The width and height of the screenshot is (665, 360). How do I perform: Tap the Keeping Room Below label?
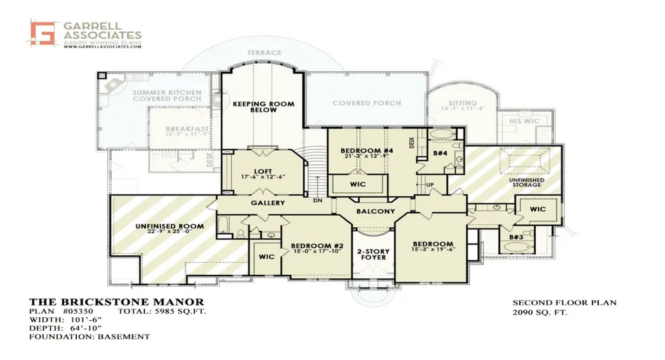[263, 107]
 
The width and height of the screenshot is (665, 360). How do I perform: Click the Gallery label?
[268, 203]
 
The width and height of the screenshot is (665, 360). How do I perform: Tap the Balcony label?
[375, 211]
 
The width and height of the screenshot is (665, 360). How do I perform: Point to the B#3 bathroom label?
[516, 238]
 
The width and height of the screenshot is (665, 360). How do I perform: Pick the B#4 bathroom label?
[440, 153]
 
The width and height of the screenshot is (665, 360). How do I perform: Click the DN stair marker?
[318, 200]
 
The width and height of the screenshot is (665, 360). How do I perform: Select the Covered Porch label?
[366, 103]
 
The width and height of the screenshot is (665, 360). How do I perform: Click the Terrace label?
[264, 53]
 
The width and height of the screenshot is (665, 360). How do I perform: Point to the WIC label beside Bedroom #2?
[266, 257]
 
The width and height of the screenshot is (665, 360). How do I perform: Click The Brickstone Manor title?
[117, 302]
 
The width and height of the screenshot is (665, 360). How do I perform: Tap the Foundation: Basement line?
[90, 337]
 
